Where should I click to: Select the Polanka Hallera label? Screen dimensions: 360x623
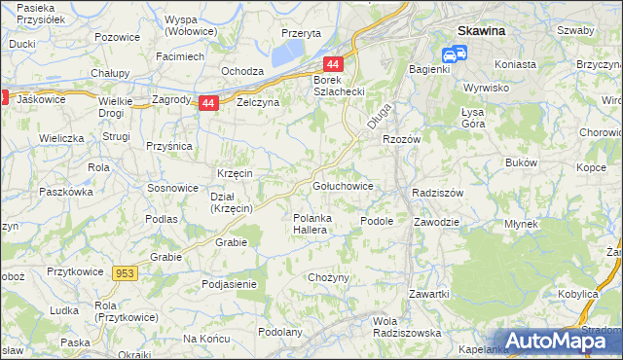click(314, 224)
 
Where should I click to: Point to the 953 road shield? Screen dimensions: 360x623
click(125, 274)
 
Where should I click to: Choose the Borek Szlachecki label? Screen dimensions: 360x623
click(337, 86)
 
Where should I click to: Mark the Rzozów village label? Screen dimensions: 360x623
click(400, 139)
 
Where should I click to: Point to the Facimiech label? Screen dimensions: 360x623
click(180, 56)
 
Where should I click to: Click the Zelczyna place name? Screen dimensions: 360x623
click(256, 102)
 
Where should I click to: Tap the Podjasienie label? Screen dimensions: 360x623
click(229, 284)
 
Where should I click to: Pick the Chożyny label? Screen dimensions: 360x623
click(328, 278)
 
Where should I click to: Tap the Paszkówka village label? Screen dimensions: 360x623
click(65, 192)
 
